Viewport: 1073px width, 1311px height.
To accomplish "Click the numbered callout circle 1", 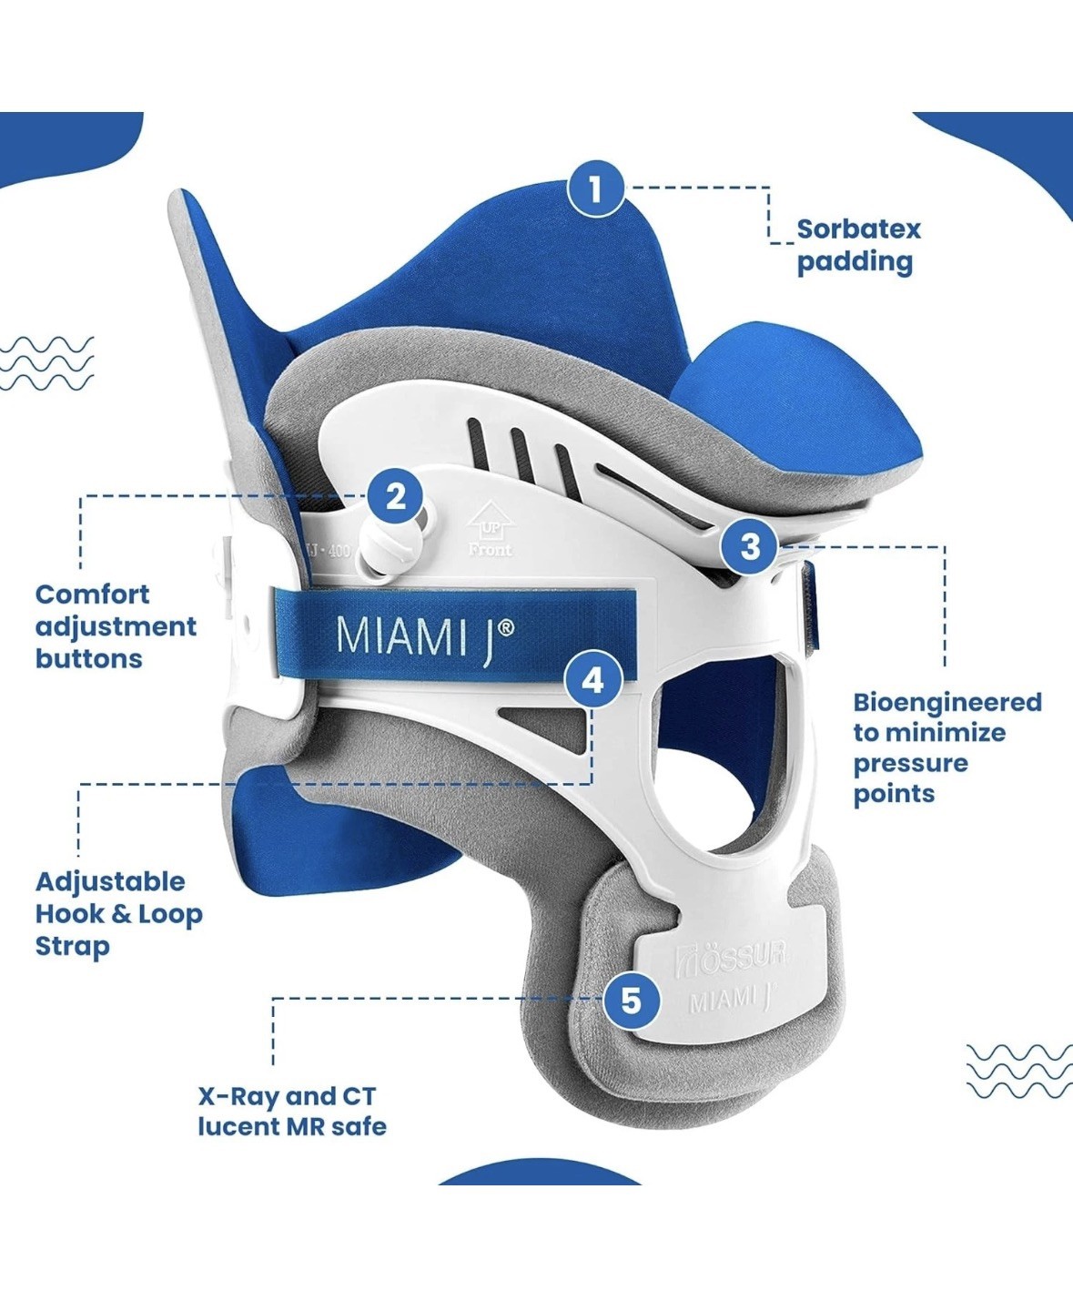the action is (x=595, y=189).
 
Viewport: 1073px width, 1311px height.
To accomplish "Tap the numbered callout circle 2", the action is (x=395, y=497).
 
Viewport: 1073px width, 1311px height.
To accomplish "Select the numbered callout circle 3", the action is (x=750, y=546).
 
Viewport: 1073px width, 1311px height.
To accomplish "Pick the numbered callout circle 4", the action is (x=592, y=679).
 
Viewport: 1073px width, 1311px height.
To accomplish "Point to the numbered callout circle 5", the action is (x=631, y=1001).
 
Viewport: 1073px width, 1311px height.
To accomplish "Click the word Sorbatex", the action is (x=858, y=229).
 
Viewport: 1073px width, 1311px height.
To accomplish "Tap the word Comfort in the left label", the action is (x=92, y=595).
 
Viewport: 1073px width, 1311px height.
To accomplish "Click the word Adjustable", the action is (x=109, y=882).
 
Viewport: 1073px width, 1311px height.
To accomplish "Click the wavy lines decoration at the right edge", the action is (x=1018, y=1071).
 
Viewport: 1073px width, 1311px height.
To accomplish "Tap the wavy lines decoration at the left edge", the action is (x=46, y=363).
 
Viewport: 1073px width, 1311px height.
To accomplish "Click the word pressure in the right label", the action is (x=910, y=763).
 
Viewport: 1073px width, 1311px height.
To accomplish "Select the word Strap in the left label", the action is (x=72, y=946).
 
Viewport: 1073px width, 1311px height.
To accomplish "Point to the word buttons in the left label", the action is (x=88, y=658).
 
